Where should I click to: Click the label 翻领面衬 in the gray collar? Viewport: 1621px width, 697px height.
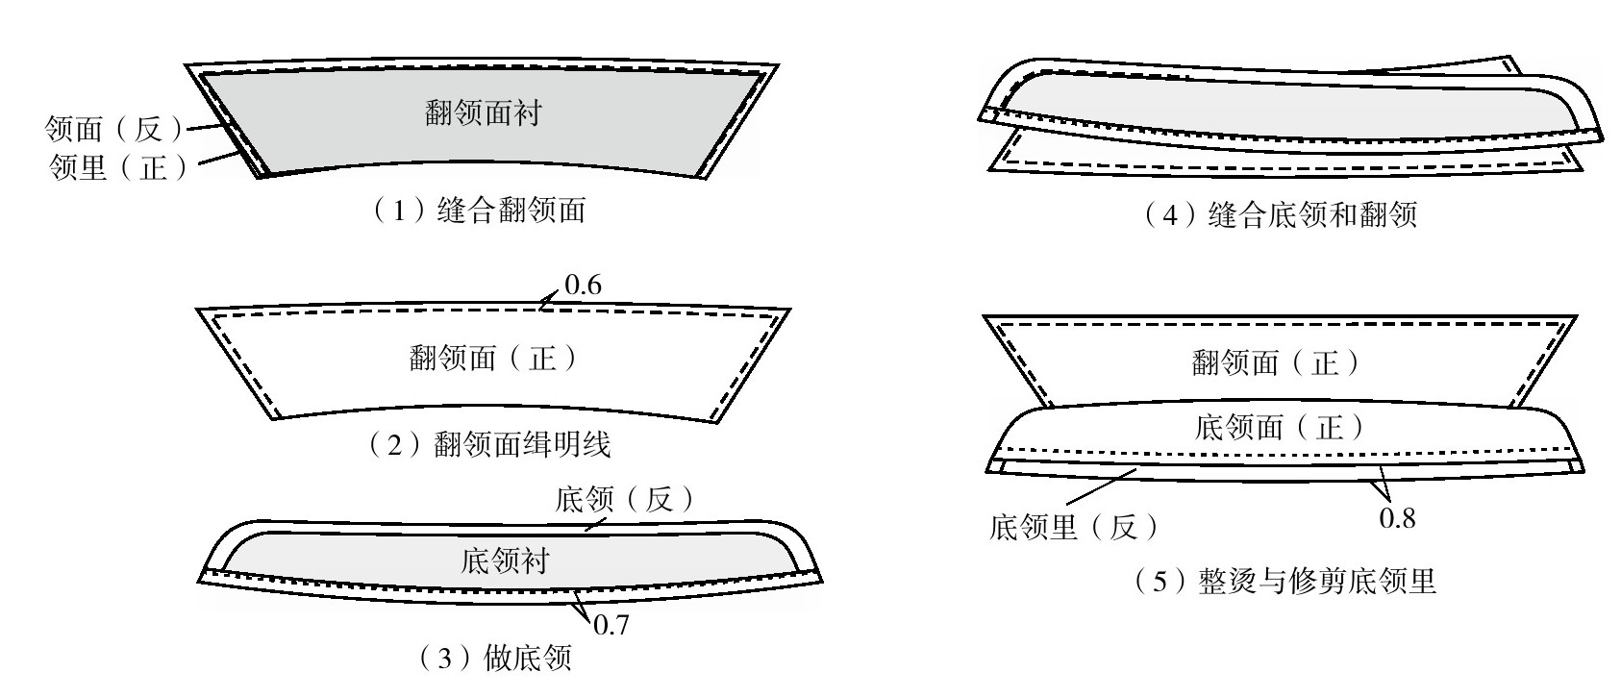click(484, 113)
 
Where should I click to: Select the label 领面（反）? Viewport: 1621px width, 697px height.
click(114, 129)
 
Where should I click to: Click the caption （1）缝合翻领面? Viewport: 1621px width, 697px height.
click(478, 211)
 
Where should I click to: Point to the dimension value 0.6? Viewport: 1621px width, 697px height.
click(584, 286)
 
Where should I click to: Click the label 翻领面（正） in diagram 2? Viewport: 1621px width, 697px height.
click(493, 360)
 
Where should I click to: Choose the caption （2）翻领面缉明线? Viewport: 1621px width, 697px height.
click(491, 444)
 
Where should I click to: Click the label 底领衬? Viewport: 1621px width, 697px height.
click(506, 560)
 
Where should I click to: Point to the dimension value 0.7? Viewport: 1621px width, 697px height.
click(611, 626)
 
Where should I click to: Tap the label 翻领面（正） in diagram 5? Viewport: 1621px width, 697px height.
click(1277, 362)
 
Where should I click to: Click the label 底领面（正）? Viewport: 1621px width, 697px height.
click(1279, 427)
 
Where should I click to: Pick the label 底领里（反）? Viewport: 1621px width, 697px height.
click(1075, 527)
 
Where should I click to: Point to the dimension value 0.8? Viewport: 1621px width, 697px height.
click(1397, 519)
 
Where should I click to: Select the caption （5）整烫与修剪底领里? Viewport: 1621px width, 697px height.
click(1285, 582)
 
